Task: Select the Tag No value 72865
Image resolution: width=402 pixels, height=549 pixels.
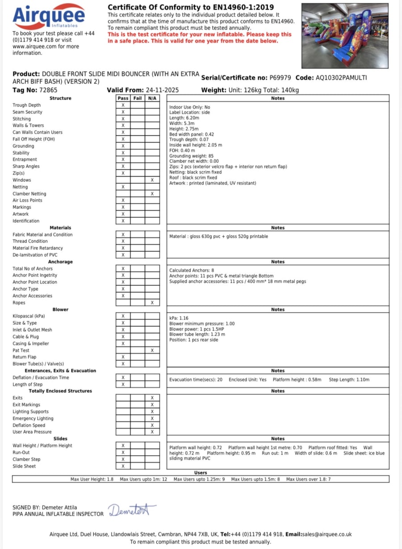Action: coord(48,90)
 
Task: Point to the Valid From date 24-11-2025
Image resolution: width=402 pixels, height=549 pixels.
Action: coord(162,90)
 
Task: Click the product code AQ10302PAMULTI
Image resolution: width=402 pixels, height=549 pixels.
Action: coord(341,78)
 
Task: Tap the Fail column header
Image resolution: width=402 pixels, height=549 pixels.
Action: coord(138,98)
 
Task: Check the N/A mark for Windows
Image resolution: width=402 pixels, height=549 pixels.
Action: coord(152,180)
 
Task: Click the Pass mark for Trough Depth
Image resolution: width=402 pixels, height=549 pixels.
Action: coord(123,105)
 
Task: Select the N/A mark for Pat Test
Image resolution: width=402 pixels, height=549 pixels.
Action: coord(152,351)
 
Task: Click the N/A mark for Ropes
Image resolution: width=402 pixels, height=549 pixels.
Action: coord(152,303)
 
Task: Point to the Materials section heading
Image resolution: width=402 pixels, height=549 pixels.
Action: coord(60,228)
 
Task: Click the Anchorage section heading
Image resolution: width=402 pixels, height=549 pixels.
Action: coord(60,262)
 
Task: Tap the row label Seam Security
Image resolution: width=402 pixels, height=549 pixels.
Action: coord(27,112)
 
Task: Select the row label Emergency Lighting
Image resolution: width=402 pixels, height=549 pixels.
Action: coord(33,419)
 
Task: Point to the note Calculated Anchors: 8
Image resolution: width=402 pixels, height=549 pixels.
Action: coord(192,270)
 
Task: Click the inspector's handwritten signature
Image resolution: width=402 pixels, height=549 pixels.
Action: coord(132,511)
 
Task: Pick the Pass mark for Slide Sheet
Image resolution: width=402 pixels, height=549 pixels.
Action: coord(123,466)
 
